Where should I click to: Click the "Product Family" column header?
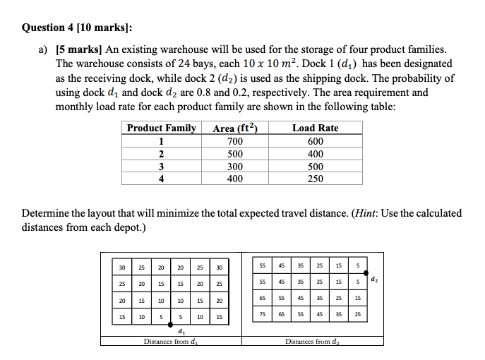[161, 128]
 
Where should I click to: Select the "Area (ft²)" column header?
[234, 128]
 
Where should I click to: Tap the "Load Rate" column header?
[315, 128]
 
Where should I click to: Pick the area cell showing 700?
[234, 141]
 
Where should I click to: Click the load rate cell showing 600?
[315, 141]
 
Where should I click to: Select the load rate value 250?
[315, 179]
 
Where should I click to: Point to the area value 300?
[234, 167]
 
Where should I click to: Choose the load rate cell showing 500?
[315, 167]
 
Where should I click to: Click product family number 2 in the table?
[161, 154]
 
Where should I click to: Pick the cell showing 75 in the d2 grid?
[263, 315]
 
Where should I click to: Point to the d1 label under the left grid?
[182, 332]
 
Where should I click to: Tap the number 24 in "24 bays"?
[185, 63]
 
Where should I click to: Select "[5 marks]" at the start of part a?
[78, 49]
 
